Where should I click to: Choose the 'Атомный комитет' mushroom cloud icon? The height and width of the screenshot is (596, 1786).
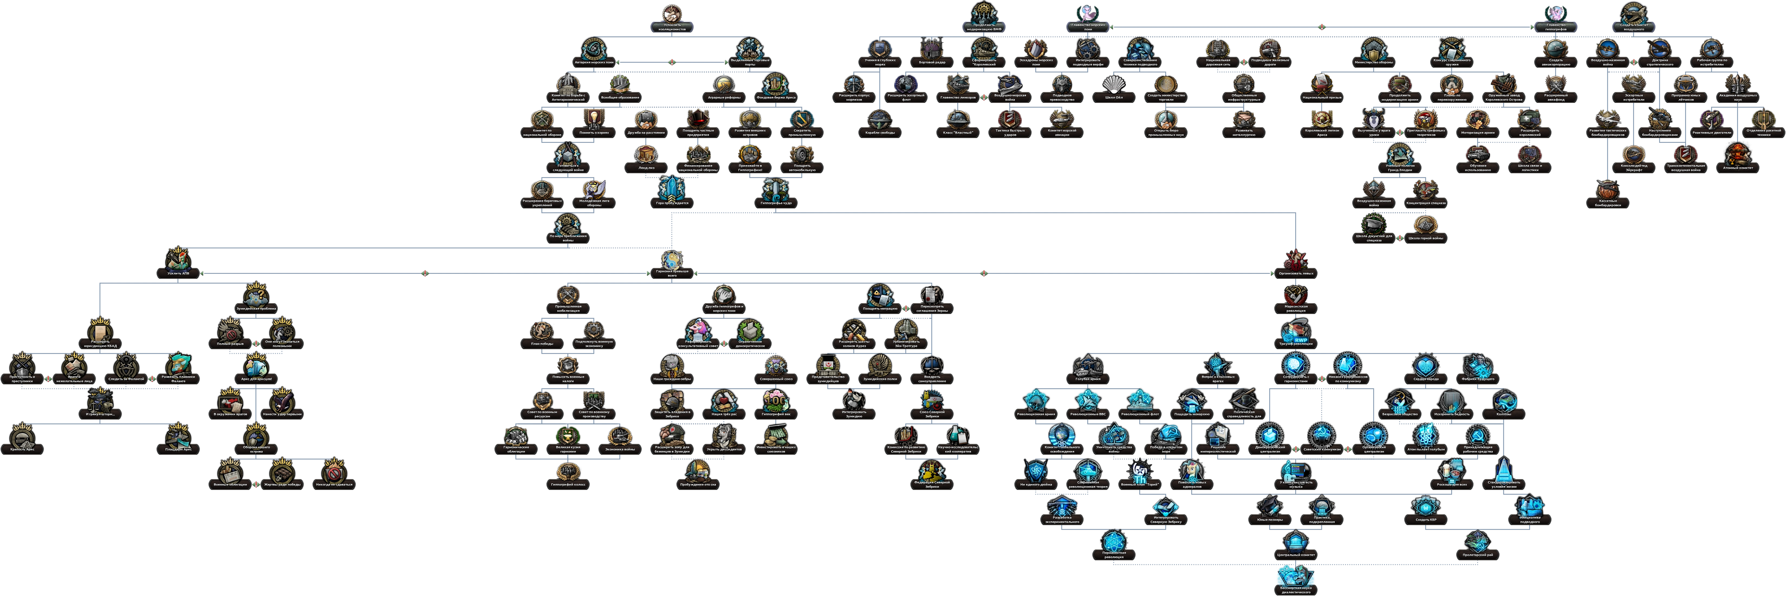pyautogui.click(x=1739, y=155)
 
